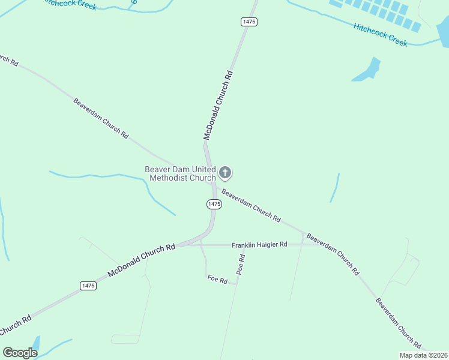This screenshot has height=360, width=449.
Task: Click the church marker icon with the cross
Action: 225,173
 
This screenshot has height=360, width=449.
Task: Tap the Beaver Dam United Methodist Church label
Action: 180,173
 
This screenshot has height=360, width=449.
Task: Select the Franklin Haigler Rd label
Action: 260,245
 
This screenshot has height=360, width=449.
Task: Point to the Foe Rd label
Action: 217,280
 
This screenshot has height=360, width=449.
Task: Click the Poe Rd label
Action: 241,265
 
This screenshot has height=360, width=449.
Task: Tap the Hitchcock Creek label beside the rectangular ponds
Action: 381,34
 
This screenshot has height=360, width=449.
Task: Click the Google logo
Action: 20,353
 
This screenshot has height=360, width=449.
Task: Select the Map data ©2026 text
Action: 423,355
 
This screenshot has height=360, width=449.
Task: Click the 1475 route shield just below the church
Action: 214,204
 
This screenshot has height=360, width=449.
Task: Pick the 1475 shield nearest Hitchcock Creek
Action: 249,22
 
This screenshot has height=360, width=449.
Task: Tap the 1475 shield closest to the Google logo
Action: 88,286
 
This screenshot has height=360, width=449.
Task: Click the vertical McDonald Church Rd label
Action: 217,105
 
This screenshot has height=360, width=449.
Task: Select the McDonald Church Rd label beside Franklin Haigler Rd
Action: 142,260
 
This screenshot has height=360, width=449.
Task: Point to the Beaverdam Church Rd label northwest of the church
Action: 101,118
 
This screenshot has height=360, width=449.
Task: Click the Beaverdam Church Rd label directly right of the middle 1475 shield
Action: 251,206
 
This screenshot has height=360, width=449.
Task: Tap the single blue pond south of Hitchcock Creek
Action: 368,70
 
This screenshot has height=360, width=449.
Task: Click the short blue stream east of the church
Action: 335,188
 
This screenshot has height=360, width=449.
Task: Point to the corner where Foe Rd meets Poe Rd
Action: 236,284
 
